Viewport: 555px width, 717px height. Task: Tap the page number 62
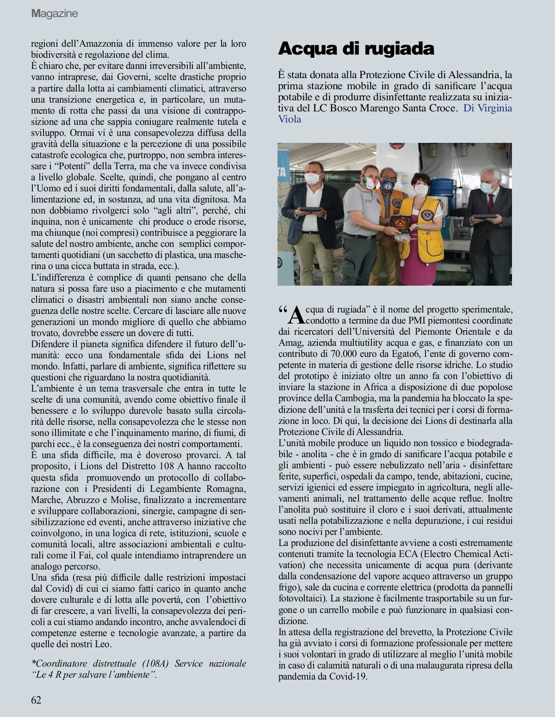(x=36, y=700)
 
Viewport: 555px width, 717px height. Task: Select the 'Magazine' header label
(x=55, y=14)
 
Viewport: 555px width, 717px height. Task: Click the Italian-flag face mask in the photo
(x=370, y=181)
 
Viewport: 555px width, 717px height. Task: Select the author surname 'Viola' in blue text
(x=290, y=119)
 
